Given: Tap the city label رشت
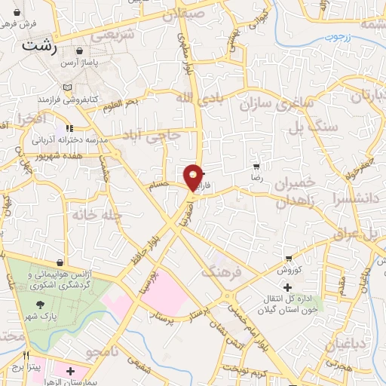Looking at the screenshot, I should coord(39,46).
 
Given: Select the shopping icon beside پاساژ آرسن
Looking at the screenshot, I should coord(79,51).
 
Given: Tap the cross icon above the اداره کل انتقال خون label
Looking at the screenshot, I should coord(287,286).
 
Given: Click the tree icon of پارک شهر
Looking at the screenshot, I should coord(39,305).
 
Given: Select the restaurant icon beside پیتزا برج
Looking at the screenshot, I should coord(28,355).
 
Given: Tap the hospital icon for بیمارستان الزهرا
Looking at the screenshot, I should coord(71,371).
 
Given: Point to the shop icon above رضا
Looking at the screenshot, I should coord(256,165).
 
